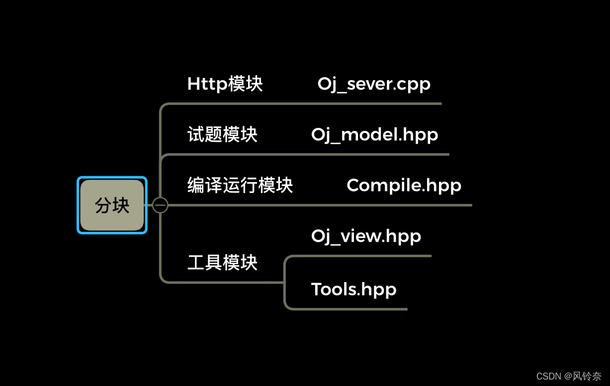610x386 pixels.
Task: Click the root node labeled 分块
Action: point(112,205)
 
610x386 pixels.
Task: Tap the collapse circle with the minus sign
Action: point(160,205)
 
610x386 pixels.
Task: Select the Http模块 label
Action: point(225,84)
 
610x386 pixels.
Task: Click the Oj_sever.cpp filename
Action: point(374,84)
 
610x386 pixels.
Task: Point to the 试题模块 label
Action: point(222,134)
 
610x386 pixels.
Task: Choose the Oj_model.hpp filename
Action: point(374,134)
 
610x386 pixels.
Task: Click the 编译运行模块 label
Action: point(240,185)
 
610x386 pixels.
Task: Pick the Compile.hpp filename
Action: point(404,185)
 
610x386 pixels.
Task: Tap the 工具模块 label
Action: point(222,262)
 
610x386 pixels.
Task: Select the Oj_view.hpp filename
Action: point(366,236)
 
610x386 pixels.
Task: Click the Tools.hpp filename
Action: point(353,289)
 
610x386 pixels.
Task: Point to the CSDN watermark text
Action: point(549,376)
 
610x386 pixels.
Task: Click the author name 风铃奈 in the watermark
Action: point(588,376)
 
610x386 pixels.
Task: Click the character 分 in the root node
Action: point(103,205)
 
